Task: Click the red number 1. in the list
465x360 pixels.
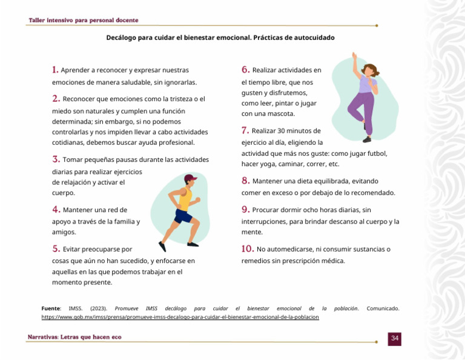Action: coord(55,70)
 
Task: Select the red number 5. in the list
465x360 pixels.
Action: coord(56,248)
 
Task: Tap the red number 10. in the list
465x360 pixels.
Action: coord(247,248)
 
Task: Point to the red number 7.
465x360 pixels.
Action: coord(245,130)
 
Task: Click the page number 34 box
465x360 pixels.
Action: coord(394,338)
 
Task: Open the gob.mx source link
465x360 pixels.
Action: coord(180,317)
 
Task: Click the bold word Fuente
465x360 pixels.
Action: coord(50,308)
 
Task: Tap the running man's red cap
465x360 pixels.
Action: coord(191,178)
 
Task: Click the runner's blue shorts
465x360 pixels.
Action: coord(182,215)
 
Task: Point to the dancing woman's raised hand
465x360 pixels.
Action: coord(354,56)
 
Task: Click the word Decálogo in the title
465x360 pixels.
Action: coord(121,38)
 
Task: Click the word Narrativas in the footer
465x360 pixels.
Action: coord(42,337)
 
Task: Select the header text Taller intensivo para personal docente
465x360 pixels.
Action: coord(84,20)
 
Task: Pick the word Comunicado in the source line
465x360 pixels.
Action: coord(383,308)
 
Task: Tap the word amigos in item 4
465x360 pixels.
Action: coord(64,232)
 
